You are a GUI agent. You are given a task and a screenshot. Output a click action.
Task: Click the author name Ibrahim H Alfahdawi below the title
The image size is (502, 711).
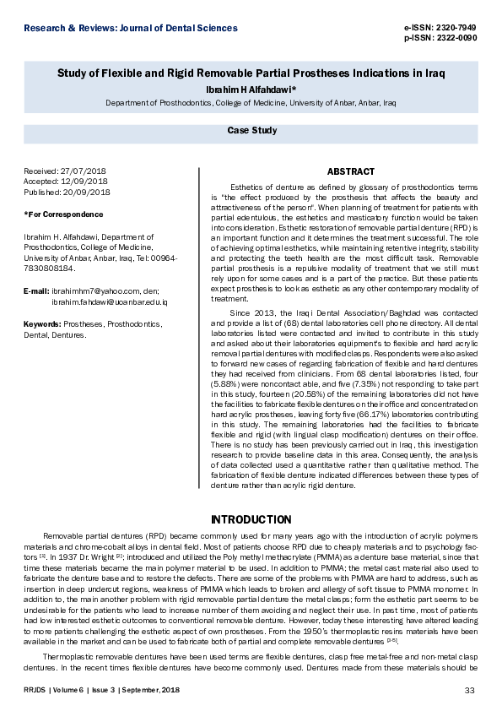point(250,90)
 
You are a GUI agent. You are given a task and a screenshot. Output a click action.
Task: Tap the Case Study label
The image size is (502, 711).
point(251,131)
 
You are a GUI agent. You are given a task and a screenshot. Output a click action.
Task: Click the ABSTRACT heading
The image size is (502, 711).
point(350,171)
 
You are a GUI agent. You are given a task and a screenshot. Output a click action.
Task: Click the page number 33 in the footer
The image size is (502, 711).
point(470,691)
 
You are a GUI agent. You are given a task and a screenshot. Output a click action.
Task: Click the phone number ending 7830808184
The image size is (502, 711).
point(50,269)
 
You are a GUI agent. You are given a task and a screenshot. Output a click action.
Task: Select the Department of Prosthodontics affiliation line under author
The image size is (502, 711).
point(250,102)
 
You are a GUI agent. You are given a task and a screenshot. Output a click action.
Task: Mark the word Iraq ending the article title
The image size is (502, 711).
point(430,73)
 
